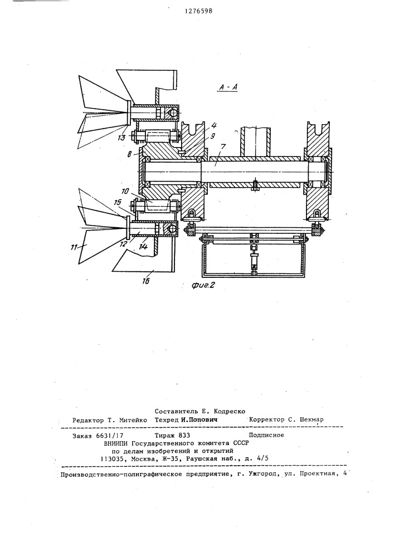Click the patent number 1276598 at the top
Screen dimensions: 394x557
click(198, 11)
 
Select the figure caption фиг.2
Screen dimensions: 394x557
click(203, 285)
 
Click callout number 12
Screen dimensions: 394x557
click(123, 244)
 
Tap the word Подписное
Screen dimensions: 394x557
click(266, 435)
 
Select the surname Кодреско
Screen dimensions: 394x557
click(229, 412)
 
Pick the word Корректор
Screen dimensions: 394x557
click(267, 419)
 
